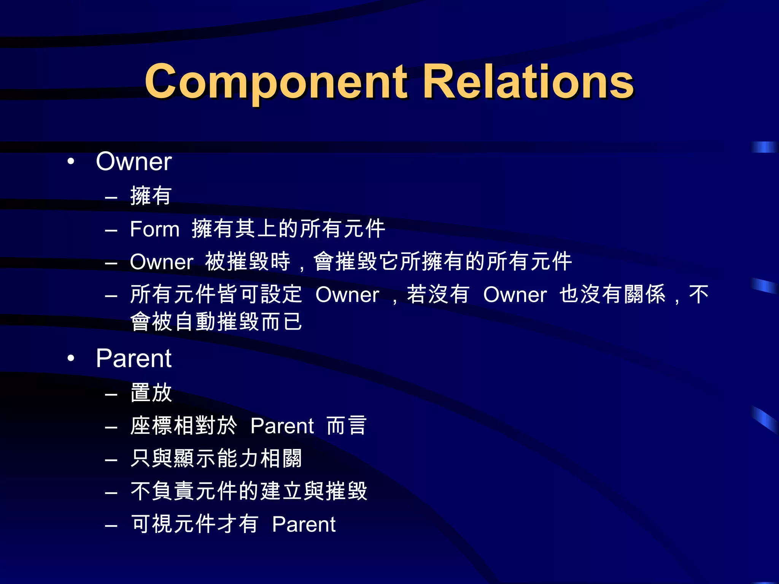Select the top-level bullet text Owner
(134, 162)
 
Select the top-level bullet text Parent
(134, 359)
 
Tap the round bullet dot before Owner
(71, 162)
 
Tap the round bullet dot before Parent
(71, 359)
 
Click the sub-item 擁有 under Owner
(151, 196)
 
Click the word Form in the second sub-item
(154, 229)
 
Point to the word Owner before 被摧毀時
(162, 262)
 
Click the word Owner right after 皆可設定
(347, 295)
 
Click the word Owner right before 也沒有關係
(515, 295)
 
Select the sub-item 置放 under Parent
(151, 393)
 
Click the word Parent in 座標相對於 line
(282, 426)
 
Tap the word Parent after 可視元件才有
(304, 525)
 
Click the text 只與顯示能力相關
(216, 459)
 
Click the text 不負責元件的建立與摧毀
(249, 492)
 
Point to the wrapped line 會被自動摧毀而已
(216, 322)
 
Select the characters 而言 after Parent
(347, 426)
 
